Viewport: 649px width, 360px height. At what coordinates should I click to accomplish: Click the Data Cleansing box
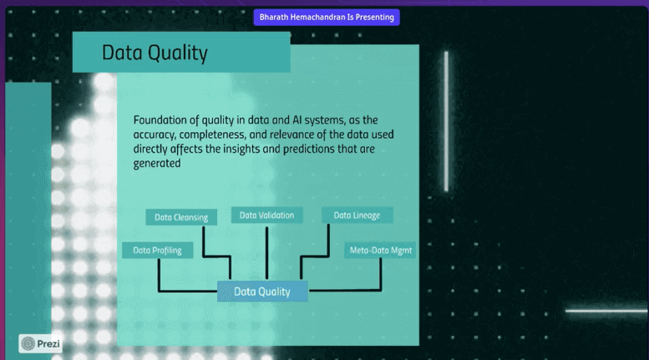pyautogui.click(x=181, y=217)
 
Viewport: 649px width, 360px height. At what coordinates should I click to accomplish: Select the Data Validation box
pyautogui.click(x=266, y=215)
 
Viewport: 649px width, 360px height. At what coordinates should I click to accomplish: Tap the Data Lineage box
pyautogui.click(x=357, y=215)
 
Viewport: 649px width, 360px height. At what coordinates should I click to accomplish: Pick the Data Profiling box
pyautogui.click(x=158, y=250)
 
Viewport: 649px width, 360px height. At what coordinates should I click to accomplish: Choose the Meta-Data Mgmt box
pyautogui.click(x=381, y=250)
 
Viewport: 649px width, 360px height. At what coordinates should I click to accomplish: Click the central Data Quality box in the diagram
pyautogui.click(x=262, y=292)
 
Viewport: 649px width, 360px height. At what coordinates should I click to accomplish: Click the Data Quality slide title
pyautogui.click(x=155, y=53)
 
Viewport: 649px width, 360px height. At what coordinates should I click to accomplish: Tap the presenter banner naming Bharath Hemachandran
pyautogui.click(x=327, y=17)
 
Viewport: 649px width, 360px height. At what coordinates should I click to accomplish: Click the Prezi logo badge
pyautogui.click(x=41, y=342)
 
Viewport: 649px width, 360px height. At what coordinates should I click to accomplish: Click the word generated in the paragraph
pyautogui.click(x=157, y=164)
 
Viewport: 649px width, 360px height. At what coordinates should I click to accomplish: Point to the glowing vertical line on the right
pyautogui.click(x=446, y=121)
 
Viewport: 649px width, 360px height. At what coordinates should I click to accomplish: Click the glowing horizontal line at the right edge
pyautogui.click(x=606, y=311)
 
